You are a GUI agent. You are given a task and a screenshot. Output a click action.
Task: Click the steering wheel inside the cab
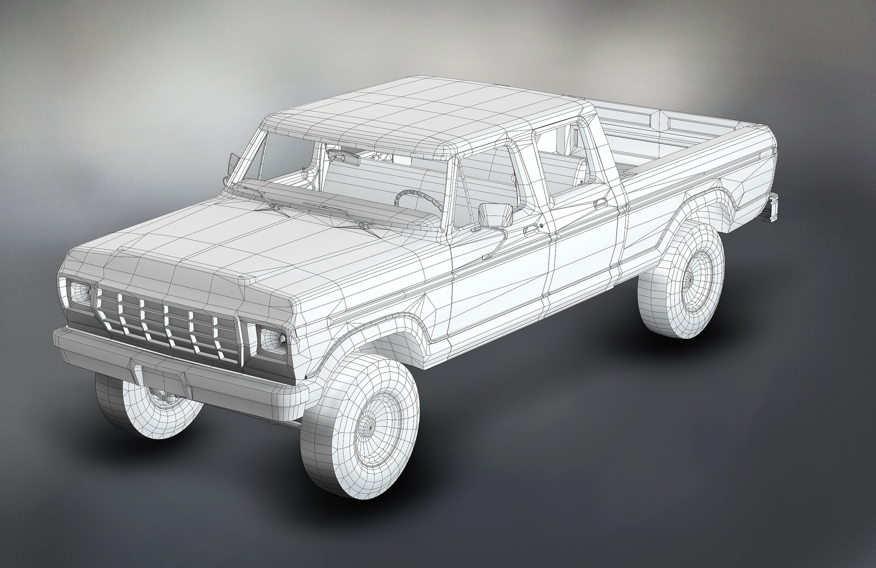pyautogui.click(x=419, y=199)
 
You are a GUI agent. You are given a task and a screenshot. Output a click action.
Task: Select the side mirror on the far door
pyautogui.click(x=231, y=162)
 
